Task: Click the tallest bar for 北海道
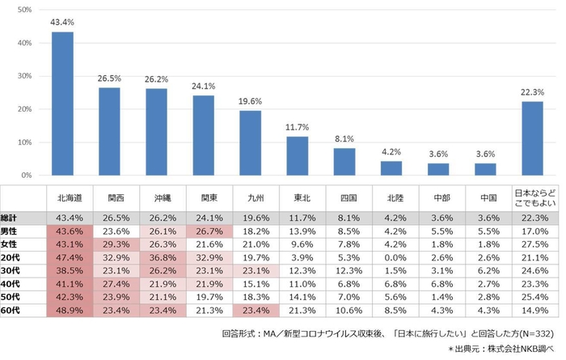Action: coord(62,104)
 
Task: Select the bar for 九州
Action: coord(251,142)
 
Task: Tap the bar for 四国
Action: coord(345,161)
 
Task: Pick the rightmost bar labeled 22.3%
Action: coord(532,138)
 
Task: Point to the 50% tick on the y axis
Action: coord(23,10)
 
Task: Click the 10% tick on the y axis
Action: coord(23,142)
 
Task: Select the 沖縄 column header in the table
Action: coord(156,197)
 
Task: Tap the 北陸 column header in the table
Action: coord(392,197)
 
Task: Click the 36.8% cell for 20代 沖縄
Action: coord(156,256)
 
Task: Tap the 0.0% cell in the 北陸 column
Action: coord(392,256)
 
